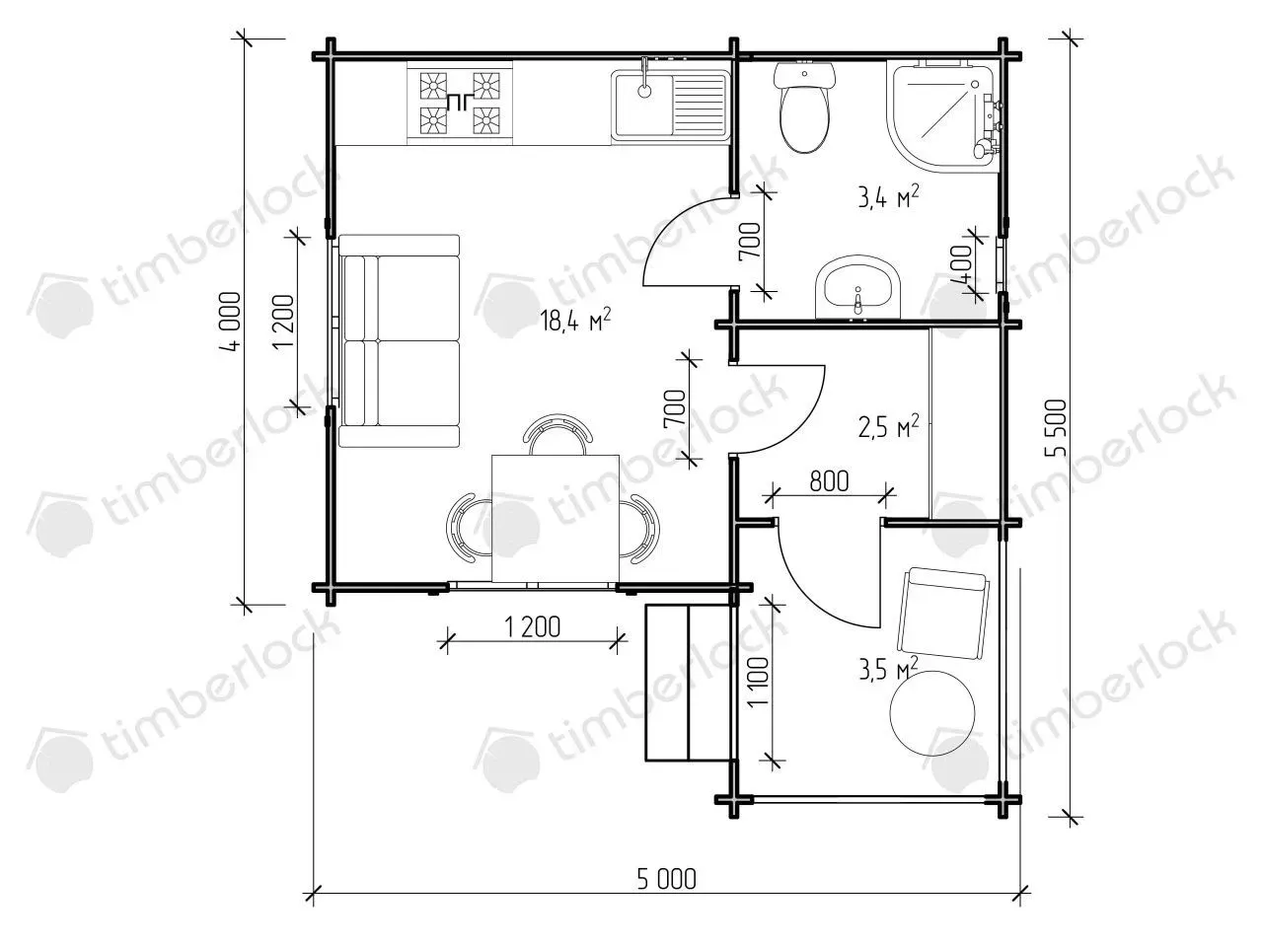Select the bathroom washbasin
click(857, 287)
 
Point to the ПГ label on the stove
click(458, 103)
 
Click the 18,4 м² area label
click(575, 321)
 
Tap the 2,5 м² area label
click(888, 426)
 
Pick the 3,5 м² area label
click(888, 669)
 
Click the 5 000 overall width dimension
click(666, 879)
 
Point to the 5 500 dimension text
click(1056, 428)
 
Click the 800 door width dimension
click(829, 481)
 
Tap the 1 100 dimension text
click(760, 683)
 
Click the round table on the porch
click(932, 713)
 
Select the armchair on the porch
click(943, 615)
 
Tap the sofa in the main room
click(399, 340)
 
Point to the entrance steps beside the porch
click(689, 682)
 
